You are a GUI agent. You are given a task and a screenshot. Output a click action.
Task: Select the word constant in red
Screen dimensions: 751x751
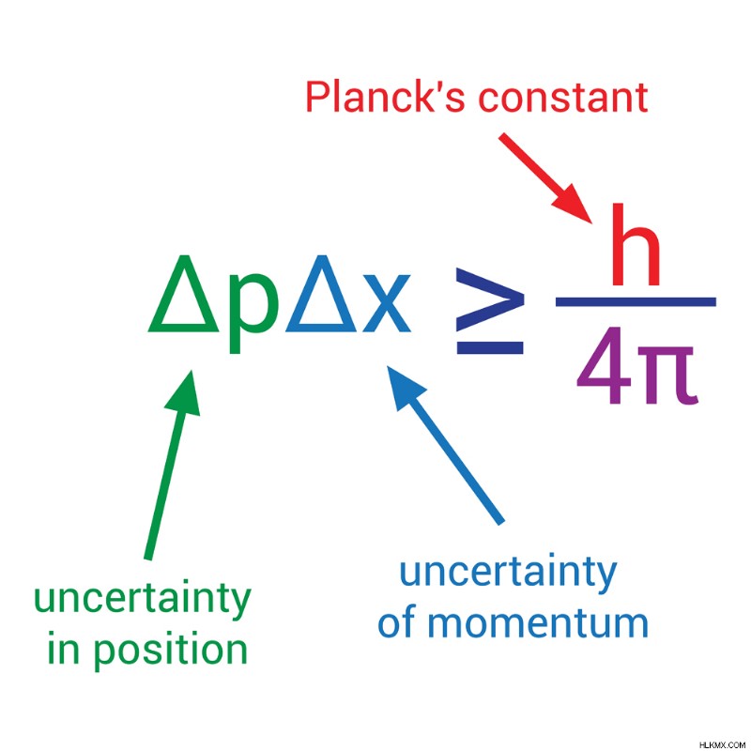coord(564,99)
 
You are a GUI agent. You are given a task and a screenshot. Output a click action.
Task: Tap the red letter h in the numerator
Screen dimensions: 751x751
coord(636,244)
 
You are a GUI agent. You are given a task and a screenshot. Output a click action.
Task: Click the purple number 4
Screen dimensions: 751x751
coord(604,365)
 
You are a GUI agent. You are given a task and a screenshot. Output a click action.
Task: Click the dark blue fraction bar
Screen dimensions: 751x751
coord(636,301)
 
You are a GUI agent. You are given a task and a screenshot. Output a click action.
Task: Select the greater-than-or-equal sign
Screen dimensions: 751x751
coord(489,311)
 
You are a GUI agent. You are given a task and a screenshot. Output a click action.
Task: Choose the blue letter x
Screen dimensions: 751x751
coord(387,303)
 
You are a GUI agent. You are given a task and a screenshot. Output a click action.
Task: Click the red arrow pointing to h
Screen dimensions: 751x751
coord(545,178)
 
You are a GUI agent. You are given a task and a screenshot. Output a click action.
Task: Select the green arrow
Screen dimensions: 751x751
coord(172,465)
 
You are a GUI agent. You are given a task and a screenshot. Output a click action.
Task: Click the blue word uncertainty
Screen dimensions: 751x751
coord(508,572)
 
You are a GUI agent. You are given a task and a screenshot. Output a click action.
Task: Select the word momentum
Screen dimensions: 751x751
coord(537,623)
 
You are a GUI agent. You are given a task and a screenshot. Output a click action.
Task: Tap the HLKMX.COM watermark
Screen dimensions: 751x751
coord(722,744)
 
